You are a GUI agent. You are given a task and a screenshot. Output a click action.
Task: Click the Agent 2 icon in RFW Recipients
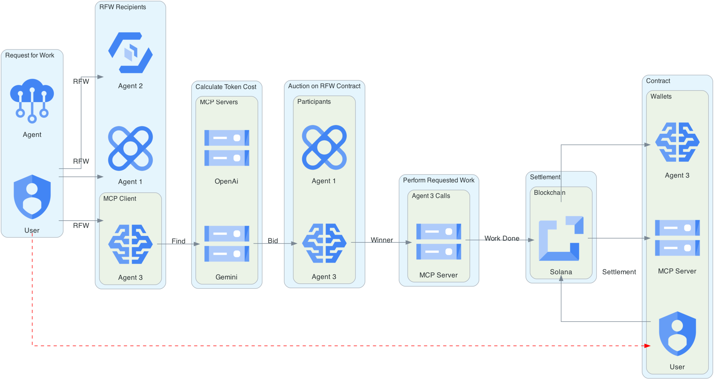[x=131, y=53]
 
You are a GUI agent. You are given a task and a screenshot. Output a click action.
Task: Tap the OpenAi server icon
[x=227, y=148]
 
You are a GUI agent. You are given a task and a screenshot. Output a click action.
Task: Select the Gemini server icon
[x=227, y=243]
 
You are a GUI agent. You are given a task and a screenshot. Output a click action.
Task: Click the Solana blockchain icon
[x=561, y=238]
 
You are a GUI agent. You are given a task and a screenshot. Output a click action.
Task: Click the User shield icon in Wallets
[x=677, y=334]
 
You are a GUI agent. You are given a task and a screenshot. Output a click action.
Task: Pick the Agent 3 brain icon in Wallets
[x=677, y=142]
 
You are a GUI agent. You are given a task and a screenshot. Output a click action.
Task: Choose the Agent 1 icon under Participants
[x=324, y=147]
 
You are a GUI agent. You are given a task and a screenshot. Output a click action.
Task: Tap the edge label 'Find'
[x=178, y=241]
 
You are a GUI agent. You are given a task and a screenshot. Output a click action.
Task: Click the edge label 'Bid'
[x=273, y=241]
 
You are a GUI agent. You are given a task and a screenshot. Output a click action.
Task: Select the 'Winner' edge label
[x=382, y=240]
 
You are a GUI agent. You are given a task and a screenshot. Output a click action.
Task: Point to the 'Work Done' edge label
[x=502, y=238]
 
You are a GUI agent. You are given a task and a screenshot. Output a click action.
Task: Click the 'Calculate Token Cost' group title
[x=226, y=87]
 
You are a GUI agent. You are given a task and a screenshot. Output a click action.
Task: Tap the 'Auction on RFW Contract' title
[x=324, y=86]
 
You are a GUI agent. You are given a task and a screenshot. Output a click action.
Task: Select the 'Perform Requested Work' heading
[x=439, y=180]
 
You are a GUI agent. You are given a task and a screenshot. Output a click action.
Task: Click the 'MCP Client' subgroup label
[x=120, y=198]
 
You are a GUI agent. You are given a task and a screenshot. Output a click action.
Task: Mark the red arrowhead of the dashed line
[x=647, y=346]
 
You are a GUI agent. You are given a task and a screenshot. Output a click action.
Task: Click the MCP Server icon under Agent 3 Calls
[x=439, y=241]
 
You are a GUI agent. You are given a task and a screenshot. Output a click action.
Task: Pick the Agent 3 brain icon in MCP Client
[x=131, y=244]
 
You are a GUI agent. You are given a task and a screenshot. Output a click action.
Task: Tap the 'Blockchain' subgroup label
[x=550, y=192]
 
